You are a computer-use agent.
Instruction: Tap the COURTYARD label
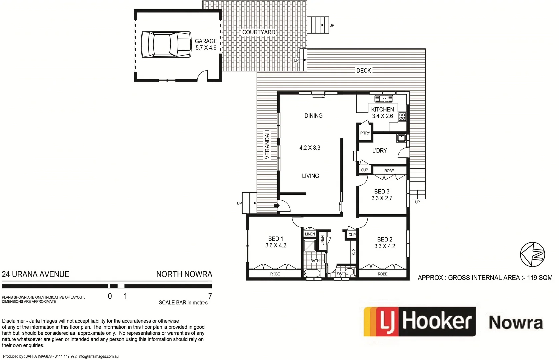coord(259,32)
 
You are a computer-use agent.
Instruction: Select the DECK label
coord(363,71)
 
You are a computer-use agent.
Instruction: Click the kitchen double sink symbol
coord(384,99)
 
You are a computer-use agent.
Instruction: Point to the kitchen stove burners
coord(402,116)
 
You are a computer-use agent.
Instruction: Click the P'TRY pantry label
coord(365,133)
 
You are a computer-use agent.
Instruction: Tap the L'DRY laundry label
coord(379,151)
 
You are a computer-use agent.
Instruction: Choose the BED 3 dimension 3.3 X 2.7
coord(382,198)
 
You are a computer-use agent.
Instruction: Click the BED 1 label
coord(276,239)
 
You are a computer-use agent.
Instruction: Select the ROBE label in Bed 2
coord(383,274)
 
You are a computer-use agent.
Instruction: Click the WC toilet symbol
coord(349,272)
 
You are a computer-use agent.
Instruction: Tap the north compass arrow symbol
coord(532,255)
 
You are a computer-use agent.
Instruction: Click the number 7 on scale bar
coord(210,296)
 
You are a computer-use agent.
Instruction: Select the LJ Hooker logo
coord(420,322)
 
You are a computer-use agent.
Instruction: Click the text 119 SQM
coord(540,278)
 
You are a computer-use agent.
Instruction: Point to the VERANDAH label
coord(267,144)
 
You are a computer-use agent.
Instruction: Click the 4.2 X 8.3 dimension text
coord(310,148)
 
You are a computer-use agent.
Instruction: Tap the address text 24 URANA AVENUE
coord(36,274)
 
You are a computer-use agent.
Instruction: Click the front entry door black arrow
coord(276,206)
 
